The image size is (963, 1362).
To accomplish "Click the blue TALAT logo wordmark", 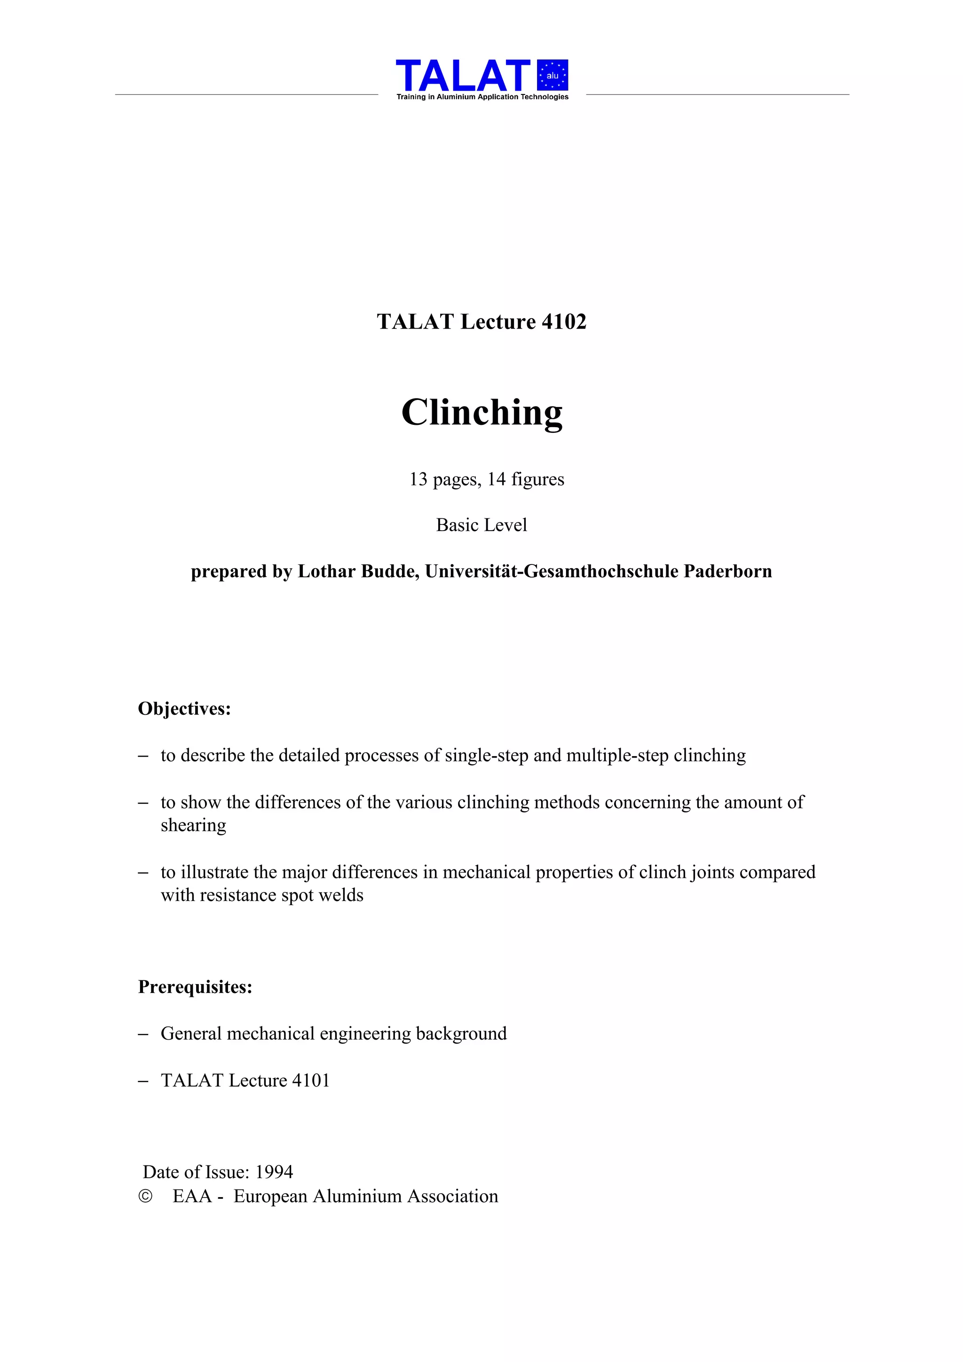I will coord(462,76).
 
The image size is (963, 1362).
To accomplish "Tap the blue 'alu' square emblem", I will coord(553,75).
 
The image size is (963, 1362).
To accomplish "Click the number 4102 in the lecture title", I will coord(564,321).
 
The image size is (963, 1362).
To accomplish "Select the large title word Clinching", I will coord(482,413).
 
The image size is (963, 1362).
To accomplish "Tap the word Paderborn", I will coord(727,571).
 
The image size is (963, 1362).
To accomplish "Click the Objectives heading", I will coord(184,709).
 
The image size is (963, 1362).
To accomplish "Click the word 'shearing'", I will coord(193,826).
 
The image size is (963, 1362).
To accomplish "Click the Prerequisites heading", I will coord(195,987).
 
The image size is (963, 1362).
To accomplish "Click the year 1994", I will coord(274,1172).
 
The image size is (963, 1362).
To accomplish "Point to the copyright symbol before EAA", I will coord(145,1197).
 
